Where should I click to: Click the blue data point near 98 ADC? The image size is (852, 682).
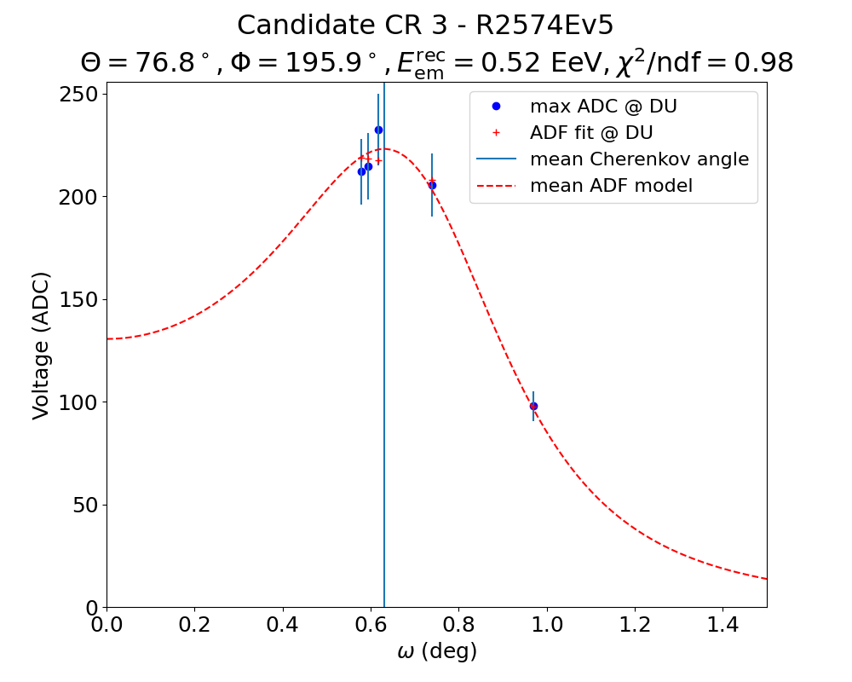pos(533,406)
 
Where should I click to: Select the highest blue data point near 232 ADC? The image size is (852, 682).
pos(378,130)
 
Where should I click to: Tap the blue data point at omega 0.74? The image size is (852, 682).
pos(432,185)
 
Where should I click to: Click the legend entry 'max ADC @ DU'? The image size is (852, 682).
pos(603,107)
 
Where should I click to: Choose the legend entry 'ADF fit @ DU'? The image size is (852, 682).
pos(591,133)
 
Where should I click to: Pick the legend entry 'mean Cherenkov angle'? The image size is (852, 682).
pos(639,159)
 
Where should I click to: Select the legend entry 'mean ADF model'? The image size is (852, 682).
pos(611,186)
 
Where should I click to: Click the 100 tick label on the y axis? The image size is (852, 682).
pos(77,402)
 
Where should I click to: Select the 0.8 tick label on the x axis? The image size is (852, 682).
pos(458,626)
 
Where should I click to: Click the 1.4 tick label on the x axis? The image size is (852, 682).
pos(722,626)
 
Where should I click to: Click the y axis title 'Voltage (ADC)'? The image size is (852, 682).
pos(41,345)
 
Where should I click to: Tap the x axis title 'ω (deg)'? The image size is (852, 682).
pos(437,652)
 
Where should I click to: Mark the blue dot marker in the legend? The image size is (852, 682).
pos(496,107)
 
